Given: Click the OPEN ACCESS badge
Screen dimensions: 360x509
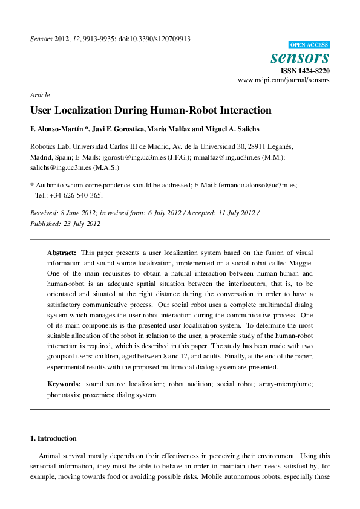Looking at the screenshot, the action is click(x=309, y=45).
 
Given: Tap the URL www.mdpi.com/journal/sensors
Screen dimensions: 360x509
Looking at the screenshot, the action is click(x=283, y=80).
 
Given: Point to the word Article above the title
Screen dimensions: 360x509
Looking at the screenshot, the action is click(x=40, y=95).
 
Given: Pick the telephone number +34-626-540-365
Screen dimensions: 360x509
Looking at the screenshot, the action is click(x=76, y=195).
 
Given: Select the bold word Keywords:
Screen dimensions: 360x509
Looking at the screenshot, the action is click(x=64, y=384).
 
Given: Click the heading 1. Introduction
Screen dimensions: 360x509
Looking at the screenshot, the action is click(x=54, y=438).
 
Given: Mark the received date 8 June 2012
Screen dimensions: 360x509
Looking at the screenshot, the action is click(x=76, y=213).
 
